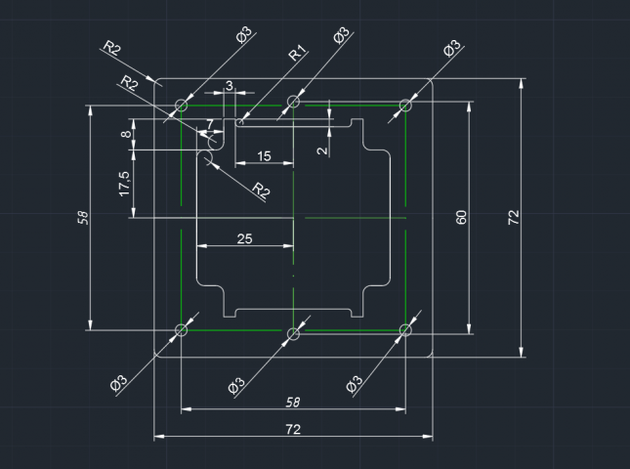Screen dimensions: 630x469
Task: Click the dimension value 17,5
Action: pos(125,184)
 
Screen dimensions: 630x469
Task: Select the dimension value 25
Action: pos(244,238)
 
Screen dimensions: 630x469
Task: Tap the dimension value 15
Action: pos(264,156)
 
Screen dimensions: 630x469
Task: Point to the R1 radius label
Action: pos(298,53)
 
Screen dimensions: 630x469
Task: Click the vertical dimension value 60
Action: pos(461,217)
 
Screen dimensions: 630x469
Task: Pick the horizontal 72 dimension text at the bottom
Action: pos(293,429)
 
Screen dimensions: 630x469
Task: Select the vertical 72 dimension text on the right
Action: pos(514,217)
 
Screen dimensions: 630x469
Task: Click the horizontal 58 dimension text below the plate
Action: pos(293,402)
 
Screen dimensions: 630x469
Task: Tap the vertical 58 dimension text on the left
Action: pos(83,218)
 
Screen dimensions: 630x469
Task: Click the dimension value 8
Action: pos(126,134)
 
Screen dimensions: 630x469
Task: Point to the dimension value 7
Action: pos(210,124)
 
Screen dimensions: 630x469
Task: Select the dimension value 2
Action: pos(322,150)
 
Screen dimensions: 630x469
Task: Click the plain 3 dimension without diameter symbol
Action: pos(229,86)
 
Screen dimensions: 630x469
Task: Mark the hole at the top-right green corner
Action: pos(405,106)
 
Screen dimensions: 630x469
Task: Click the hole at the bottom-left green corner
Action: pos(182,330)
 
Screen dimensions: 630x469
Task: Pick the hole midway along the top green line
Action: pos(294,102)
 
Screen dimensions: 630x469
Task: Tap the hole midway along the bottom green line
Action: pos(294,333)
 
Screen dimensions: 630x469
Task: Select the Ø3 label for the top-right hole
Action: pos(451,48)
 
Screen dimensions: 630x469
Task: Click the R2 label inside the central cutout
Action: pos(261,190)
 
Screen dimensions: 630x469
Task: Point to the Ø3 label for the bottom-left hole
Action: pos(118,383)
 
